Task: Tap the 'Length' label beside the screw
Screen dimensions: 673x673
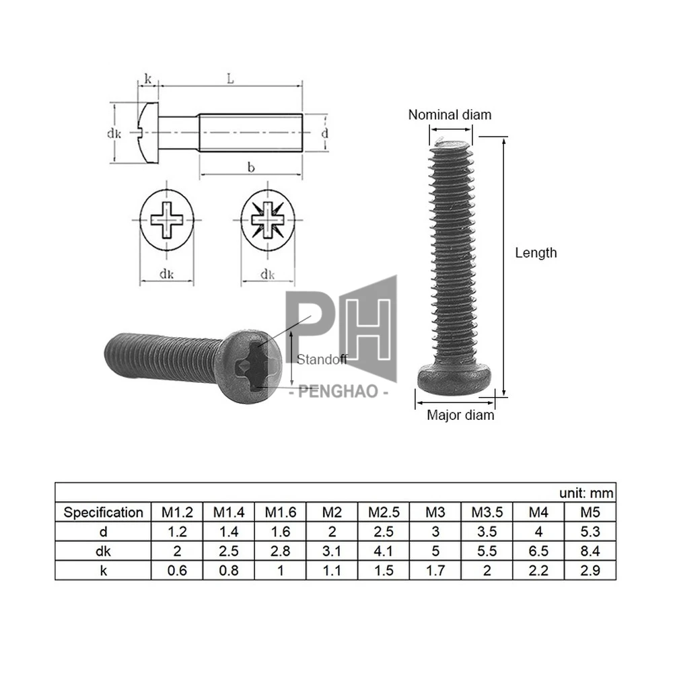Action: click(536, 253)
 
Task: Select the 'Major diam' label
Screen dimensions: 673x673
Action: click(460, 415)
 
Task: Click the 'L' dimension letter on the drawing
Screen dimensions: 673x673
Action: click(230, 79)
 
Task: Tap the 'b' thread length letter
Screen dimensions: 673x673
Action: click(251, 168)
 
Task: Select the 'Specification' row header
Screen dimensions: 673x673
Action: click(103, 512)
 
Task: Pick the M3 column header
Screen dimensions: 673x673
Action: click(435, 512)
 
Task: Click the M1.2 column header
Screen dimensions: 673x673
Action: click(176, 512)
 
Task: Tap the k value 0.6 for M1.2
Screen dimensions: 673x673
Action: click(176, 571)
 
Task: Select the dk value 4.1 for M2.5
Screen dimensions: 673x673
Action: click(384, 552)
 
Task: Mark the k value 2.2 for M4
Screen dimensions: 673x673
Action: click(538, 571)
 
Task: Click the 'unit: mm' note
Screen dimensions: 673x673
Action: click(586, 493)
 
